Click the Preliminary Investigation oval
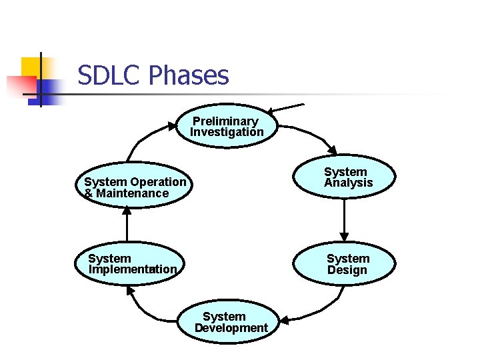(227, 125)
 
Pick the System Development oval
(230, 322)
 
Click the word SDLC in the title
(107, 75)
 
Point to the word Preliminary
(225, 121)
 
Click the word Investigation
(227, 132)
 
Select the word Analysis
(349, 183)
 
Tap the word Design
(347, 270)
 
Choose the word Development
(231, 328)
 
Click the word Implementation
(133, 269)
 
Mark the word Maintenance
(132, 193)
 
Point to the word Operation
(159, 182)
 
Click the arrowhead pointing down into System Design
(344, 235)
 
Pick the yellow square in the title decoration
(31, 67)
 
